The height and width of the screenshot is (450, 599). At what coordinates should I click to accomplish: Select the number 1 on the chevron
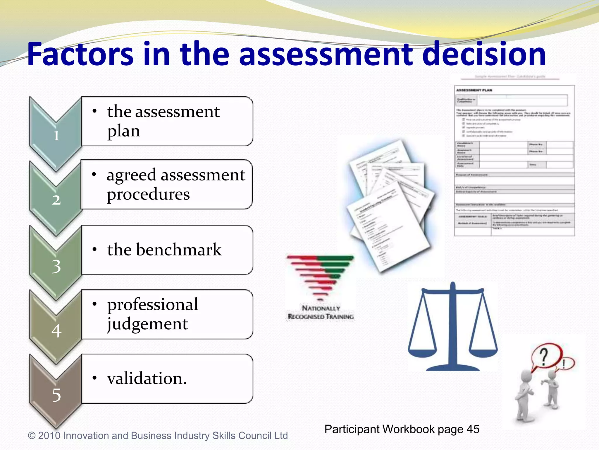point(56,136)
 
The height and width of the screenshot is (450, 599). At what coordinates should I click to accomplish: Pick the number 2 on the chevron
point(56,200)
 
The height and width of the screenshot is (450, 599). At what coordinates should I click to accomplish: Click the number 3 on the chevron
point(56,266)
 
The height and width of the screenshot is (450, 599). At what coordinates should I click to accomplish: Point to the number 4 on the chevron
point(56,331)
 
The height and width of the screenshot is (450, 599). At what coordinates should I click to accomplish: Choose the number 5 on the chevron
point(56,395)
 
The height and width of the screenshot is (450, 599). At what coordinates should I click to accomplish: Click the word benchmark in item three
point(179,250)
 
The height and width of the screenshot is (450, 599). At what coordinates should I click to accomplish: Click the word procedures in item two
point(148,194)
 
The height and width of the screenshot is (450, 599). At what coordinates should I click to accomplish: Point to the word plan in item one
point(123,131)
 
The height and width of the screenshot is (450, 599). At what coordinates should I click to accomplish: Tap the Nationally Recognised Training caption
point(321,312)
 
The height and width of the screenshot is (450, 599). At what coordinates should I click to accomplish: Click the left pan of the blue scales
point(422,352)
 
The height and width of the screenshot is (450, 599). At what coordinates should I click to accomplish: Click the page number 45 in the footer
point(473,429)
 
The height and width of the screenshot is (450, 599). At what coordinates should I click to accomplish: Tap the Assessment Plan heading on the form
point(474,90)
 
